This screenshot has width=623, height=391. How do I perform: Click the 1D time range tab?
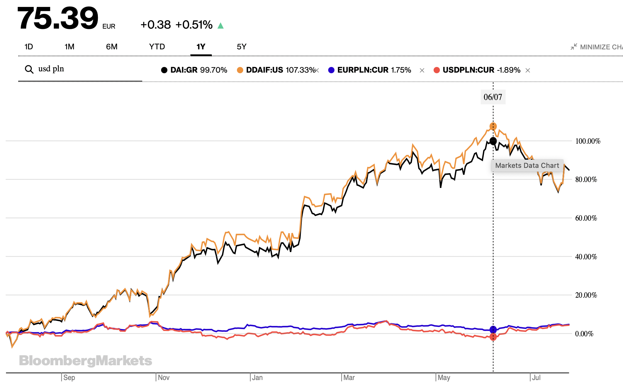pyautogui.click(x=29, y=47)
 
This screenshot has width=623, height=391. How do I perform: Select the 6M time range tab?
pyautogui.click(x=112, y=47)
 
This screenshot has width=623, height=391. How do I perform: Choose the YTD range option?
pyautogui.click(x=157, y=47)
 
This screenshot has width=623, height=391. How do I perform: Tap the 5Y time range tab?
pyautogui.click(x=242, y=47)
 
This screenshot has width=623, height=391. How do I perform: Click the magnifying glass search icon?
pyautogui.click(x=29, y=69)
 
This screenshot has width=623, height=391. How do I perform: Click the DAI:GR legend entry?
pyautogui.click(x=194, y=70)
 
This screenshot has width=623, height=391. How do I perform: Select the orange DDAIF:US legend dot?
pyautogui.click(x=240, y=70)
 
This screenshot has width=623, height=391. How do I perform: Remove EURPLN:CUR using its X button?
pyautogui.click(x=422, y=70)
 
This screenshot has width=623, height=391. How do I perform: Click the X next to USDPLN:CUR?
pyautogui.click(x=528, y=70)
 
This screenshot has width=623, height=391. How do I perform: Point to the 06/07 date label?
pyautogui.click(x=493, y=97)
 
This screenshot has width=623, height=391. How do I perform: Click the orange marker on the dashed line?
pyautogui.click(x=493, y=126)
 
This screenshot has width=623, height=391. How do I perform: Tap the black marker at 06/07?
pyautogui.click(x=493, y=141)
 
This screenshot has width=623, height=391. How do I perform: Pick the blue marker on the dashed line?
pyautogui.click(x=493, y=329)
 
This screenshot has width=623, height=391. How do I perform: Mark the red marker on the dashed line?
pyautogui.click(x=493, y=337)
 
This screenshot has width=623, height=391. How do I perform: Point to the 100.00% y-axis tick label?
pyautogui.click(x=587, y=141)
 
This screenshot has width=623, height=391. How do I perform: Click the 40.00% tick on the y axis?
pyautogui.click(x=586, y=257)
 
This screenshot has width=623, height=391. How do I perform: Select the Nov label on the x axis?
pyautogui.click(x=164, y=377)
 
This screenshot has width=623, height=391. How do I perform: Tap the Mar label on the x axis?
pyautogui.click(x=349, y=377)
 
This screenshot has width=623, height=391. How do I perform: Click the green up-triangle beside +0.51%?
pyautogui.click(x=221, y=26)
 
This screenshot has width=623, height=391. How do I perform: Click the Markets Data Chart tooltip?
pyautogui.click(x=527, y=166)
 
